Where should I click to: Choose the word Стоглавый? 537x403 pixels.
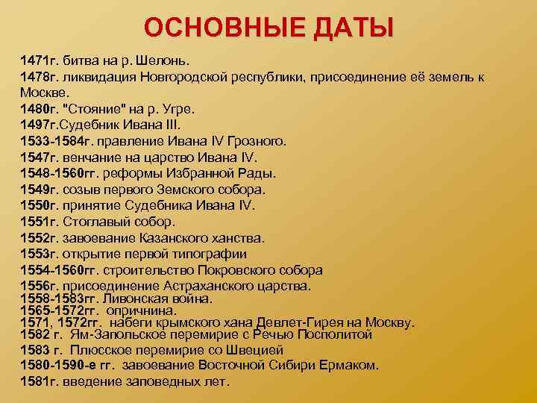tap(98, 222)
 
